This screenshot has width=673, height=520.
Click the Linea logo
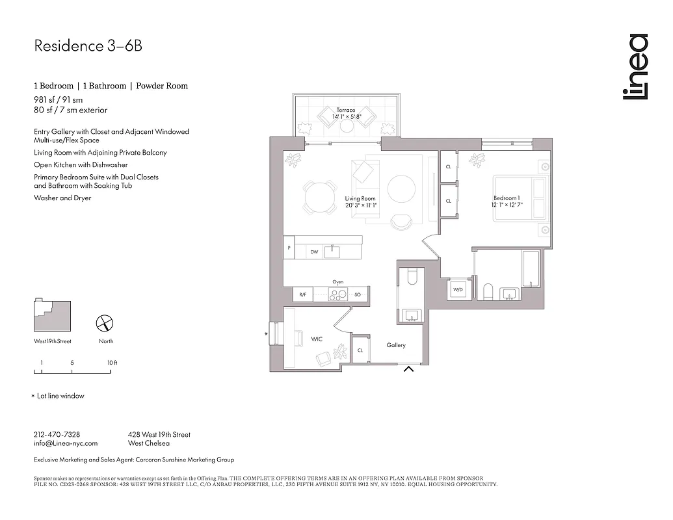[x=635, y=68]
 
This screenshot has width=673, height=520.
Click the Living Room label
[x=360, y=201]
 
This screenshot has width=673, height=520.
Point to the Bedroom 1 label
[x=506, y=201]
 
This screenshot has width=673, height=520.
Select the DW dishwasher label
[x=314, y=252]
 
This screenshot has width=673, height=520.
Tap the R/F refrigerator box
[x=303, y=294]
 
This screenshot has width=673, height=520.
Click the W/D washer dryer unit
[x=458, y=289]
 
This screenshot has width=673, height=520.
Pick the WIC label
[x=317, y=339]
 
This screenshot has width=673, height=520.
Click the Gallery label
[x=396, y=345]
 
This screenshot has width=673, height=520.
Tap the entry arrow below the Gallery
[x=409, y=370]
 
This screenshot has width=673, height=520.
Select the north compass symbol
[x=105, y=323]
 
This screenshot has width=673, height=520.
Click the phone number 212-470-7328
[x=57, y=434]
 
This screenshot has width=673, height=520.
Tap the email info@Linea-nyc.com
[x=65, y=443]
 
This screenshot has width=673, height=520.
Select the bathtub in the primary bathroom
[x=531, y=268]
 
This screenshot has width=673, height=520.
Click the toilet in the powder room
[x=411, y=278]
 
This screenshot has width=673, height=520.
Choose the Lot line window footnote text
[x=60, y=396]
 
